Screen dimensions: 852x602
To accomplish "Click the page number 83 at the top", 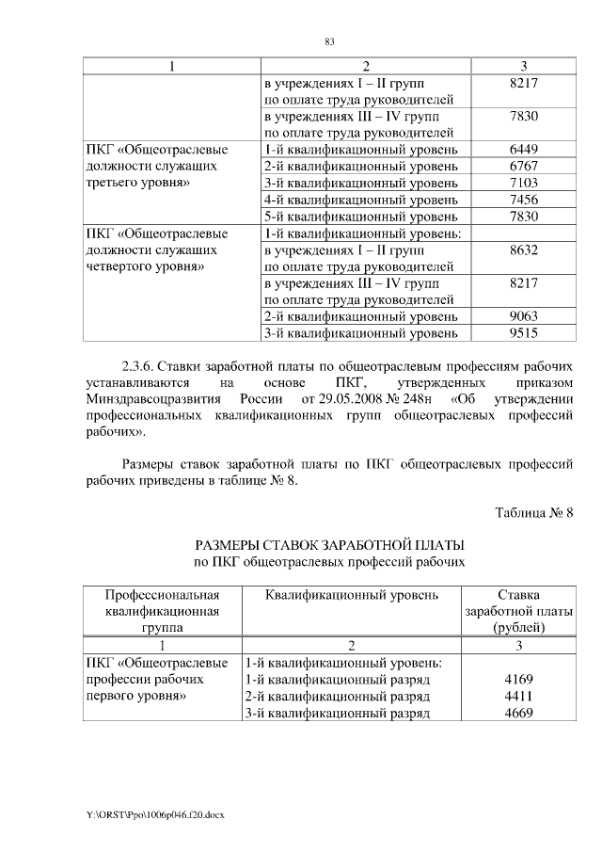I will coord(329,41).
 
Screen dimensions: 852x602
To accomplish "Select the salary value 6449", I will coord(522,149).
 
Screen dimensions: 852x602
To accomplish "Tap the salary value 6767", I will coord(522,166).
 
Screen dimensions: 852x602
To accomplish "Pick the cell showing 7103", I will coord(522,183).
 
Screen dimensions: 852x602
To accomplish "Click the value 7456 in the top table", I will coord(522,200).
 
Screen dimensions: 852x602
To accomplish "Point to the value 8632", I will coord(522,250).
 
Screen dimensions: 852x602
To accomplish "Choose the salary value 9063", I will coord(522,315).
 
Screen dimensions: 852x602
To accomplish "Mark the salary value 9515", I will coord(522,332).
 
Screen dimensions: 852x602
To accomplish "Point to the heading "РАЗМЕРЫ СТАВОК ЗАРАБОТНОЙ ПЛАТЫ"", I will coord(329,545).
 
